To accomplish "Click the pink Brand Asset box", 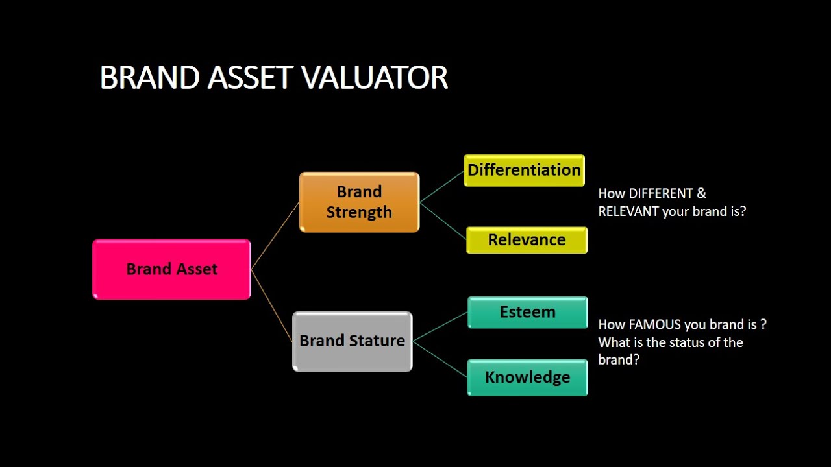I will point(171,269).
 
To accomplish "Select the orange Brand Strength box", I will point(359,202).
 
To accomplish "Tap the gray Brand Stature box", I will point(352,341).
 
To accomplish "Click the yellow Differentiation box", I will point(524,170).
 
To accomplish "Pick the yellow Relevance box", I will point(527,240).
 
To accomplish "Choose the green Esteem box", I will point(527,312).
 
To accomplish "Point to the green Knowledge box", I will point(527,377).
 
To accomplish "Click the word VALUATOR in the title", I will point(375,78).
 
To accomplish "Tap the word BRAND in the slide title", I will point(149,78).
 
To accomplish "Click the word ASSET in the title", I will point(251,78).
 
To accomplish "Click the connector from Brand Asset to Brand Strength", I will point(275,235).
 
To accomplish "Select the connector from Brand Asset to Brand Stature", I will point(272,307).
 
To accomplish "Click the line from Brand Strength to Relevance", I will point(443,219).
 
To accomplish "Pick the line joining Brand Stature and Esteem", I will point(441,326).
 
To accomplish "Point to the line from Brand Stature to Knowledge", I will point(441,359).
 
